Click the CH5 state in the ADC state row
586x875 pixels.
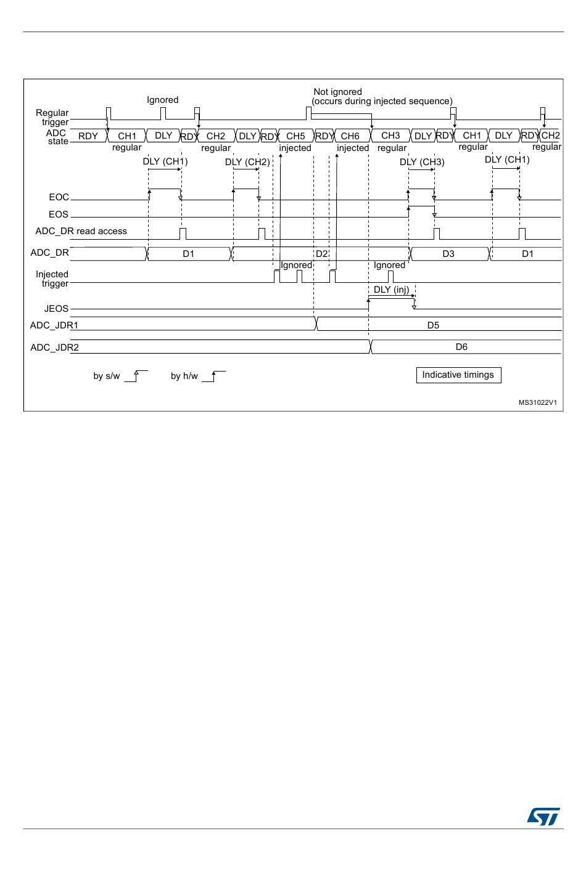click(295, 136)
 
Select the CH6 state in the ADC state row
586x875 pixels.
click(350, 136)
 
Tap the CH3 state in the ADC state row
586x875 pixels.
click(390, 136)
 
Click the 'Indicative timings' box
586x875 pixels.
click(458, 375)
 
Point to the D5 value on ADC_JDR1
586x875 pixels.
click(433, 325)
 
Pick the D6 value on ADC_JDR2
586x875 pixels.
click(461, 347)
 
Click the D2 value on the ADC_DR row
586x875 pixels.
click(321, 254)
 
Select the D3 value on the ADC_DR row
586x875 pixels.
click(448, 254)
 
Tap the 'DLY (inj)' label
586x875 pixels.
click(391, 290)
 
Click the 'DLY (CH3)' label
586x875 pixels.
click(422, 162)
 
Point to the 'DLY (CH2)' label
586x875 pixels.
click(247, 162)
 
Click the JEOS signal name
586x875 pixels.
click(56, 309)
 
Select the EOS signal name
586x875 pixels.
click(59, 214)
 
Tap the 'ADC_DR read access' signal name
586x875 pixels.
click(81, 231)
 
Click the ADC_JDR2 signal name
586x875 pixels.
click(55, 348)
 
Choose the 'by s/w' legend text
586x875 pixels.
click(107, 376)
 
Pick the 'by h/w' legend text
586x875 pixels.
click(184, 376)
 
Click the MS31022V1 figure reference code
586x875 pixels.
click(537, 402)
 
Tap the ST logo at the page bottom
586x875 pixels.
click(543, 816)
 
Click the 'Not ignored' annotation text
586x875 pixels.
click(337, 92)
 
